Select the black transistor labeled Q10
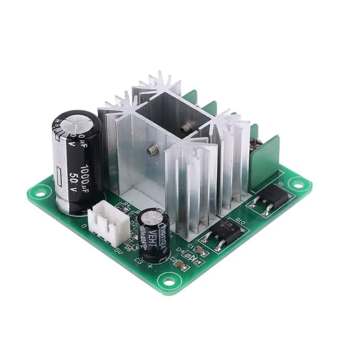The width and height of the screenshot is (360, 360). click(219, 233)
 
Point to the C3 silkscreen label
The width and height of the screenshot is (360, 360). click(139, 261)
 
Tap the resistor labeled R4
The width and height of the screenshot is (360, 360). click(121, 207)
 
